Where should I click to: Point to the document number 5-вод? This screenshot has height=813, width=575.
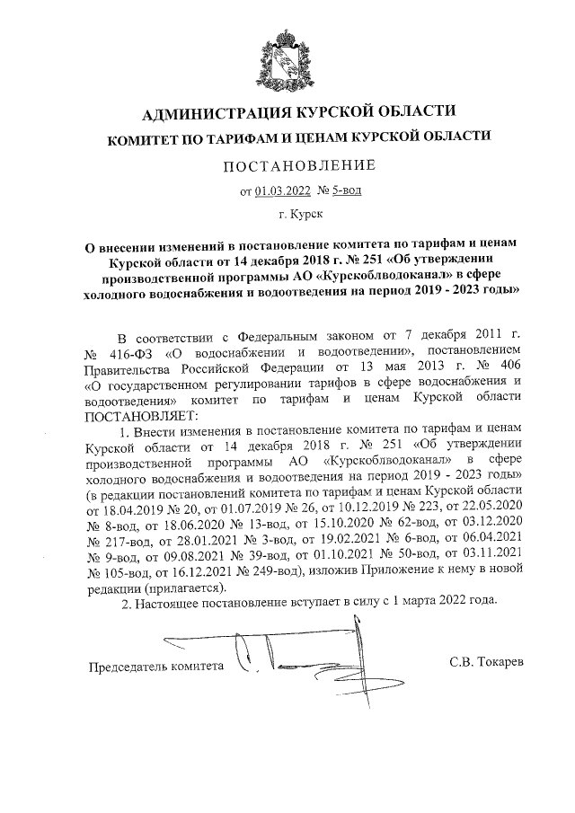pyautogui.click(x=345, y=190)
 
